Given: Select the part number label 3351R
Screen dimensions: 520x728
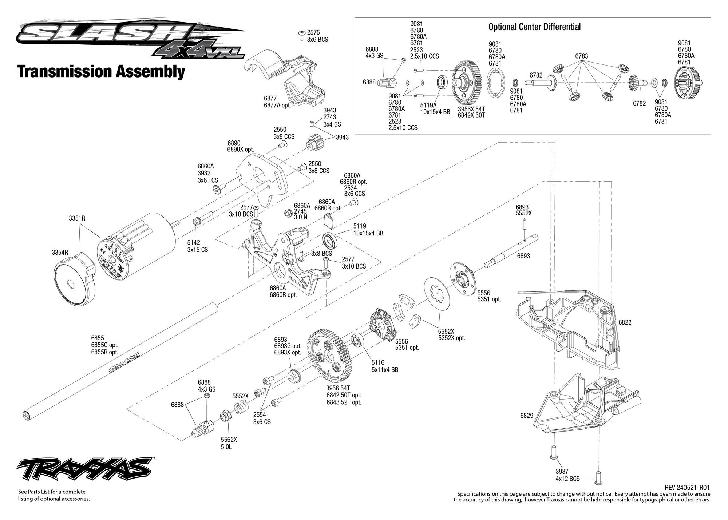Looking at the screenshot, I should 77,218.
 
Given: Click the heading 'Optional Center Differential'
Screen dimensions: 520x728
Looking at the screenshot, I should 534,27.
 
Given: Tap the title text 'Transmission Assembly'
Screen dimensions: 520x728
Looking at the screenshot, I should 101,72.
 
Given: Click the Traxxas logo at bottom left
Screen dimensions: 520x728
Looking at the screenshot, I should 84,468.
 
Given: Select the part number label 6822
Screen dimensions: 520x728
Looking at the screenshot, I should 625,322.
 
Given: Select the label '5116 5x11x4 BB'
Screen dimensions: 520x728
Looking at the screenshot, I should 384,366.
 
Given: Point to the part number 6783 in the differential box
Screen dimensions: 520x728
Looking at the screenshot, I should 581,56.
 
